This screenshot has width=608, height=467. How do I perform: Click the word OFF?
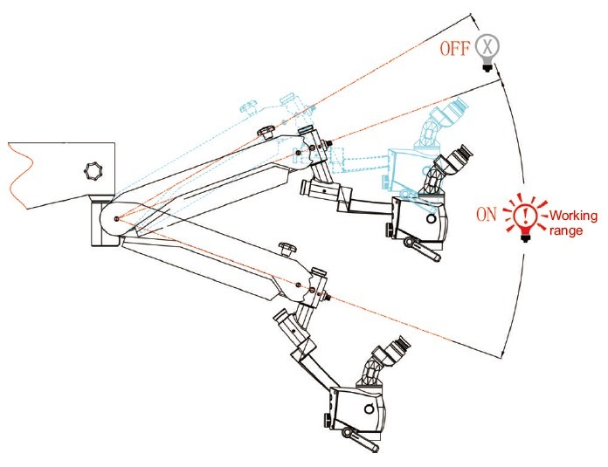pos(454,48)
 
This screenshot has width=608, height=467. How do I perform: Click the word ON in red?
pos(487,214)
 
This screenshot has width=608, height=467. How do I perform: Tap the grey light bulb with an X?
pos(487,52)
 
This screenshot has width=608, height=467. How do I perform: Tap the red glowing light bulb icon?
pos(525,218)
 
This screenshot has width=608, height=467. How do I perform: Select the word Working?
pos(573,215)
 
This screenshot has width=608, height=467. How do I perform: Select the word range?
pos(566,230)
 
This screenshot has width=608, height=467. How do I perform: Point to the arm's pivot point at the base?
pos(117,218)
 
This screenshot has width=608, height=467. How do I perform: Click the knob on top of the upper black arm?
pos(266,133)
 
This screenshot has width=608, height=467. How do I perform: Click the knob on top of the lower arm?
pos(287,249)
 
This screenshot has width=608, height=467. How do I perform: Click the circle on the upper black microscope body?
pos(431,219)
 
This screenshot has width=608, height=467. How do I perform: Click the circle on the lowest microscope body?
pos(370,409)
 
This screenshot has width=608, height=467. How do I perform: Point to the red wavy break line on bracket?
pos(20,175)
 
